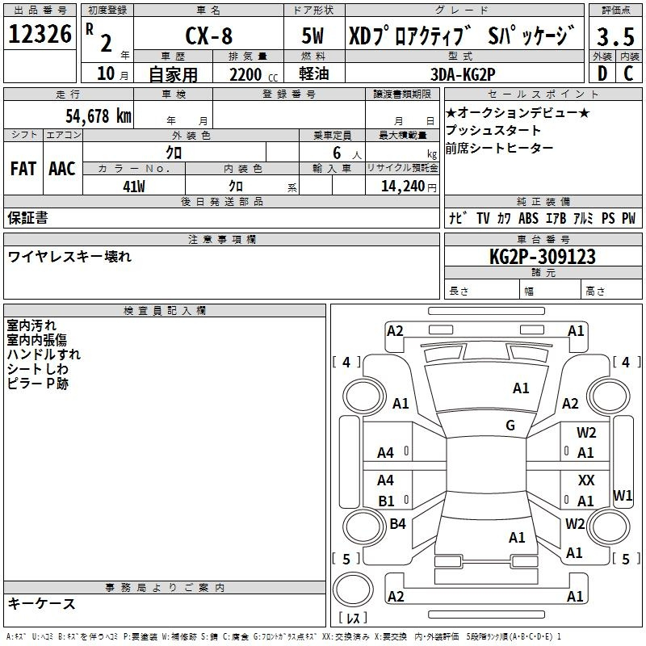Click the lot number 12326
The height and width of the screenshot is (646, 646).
coord(40,34)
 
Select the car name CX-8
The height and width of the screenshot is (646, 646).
coord(209,36)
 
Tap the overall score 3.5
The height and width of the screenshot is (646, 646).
coord(615,36)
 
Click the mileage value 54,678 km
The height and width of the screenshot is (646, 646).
coord(99,116)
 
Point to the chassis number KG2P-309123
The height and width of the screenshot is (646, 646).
coord(543,257)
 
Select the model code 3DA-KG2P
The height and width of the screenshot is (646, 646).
coord(463,74)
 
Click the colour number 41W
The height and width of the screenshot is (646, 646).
coord(134,187)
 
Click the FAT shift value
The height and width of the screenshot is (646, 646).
coord(23,169)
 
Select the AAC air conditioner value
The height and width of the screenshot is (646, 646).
coord(62,169)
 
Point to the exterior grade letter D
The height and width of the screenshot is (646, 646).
coord(602,73)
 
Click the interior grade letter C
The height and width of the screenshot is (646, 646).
coord(628,73)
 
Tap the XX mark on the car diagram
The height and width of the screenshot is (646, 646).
coord(586,480)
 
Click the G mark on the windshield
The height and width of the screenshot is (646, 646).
coord(510,425)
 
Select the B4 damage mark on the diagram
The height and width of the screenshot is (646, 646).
coord(397,523)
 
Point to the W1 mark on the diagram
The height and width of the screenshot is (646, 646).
coord(623,495)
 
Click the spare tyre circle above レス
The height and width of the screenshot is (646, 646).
coord(353,589)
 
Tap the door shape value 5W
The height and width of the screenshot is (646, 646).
coord(313,36)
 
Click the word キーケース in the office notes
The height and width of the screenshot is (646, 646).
coord(42,603)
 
